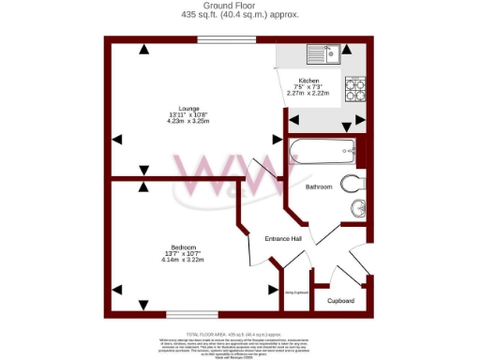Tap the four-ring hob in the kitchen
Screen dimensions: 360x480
[x=356, y=89]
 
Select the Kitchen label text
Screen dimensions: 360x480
[x=308, y=82]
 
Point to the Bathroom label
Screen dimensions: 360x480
[x=319, y=187]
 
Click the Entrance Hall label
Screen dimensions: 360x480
[x=282, y=239]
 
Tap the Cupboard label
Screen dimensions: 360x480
[x=340, y=301]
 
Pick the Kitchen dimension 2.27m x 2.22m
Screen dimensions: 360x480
[x=308, y=93]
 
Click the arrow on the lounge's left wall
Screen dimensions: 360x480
[x=117, y=139]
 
